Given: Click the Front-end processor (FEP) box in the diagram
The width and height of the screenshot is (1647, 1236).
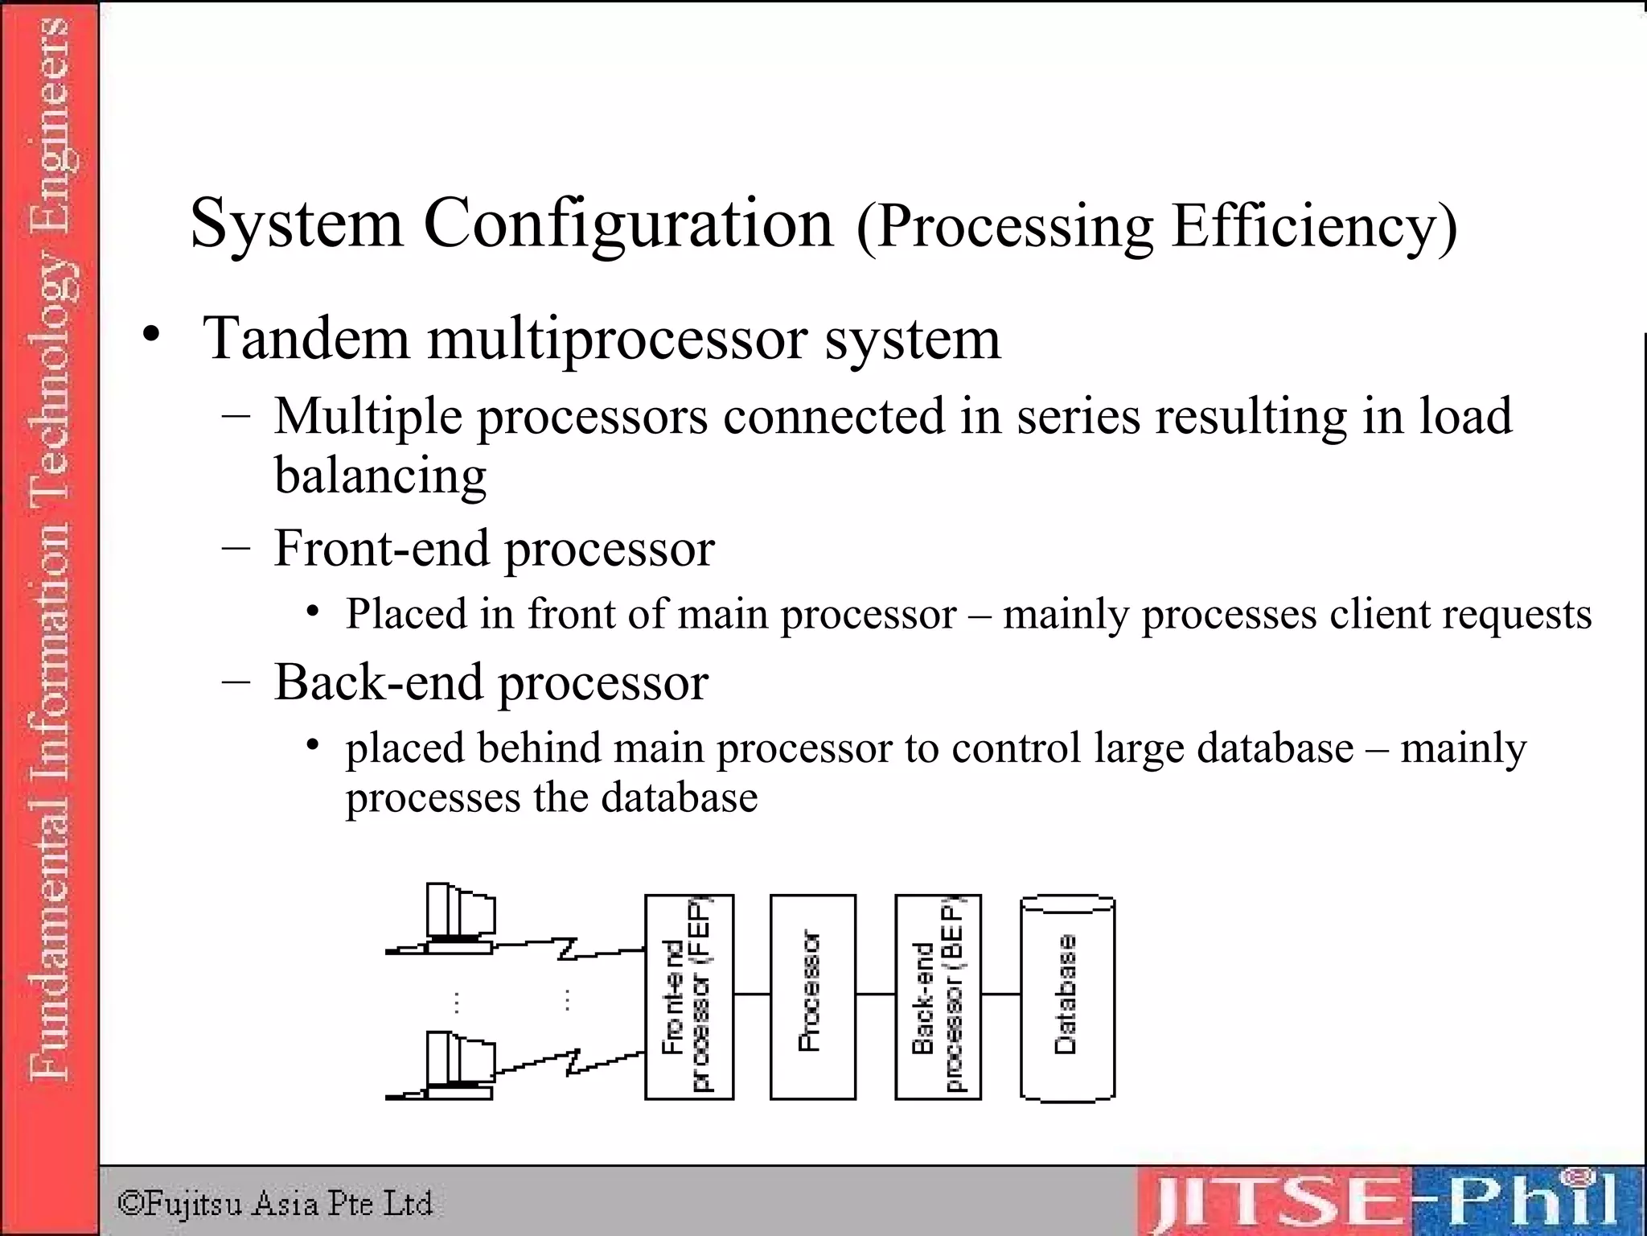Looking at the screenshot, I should tap(689, 996).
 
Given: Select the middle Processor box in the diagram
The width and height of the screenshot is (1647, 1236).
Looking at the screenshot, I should tap(812, 996).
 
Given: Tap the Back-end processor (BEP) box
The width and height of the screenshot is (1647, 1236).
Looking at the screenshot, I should tap(938, 996).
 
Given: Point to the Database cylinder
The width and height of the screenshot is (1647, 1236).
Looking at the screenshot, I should tap(1067, 998).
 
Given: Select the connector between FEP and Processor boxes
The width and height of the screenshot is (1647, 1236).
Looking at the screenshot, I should tap(752, 994).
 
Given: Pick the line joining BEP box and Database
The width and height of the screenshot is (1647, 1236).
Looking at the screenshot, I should tap(1000, 994).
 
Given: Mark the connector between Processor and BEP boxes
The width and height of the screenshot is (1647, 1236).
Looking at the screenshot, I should tap(875, 994).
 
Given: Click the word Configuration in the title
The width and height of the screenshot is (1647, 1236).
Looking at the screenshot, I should tap(628, 225).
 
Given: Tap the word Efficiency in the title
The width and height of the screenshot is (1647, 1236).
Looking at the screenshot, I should tap(1304, 226).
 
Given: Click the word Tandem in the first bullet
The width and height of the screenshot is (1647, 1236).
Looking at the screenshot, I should tap(306, 338).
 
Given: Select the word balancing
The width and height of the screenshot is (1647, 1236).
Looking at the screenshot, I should tap(380, 475).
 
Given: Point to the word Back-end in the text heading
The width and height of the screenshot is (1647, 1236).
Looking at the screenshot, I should tap(378, 682).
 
